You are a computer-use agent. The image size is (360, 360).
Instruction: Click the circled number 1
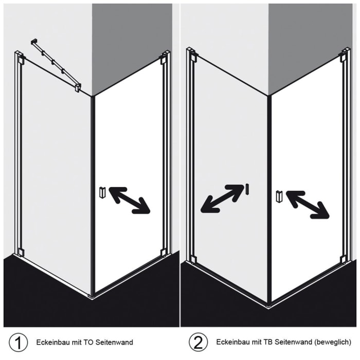[x=19, y=342]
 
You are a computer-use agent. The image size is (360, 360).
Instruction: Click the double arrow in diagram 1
[x=129, y=200]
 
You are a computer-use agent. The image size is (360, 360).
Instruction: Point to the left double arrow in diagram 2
[x=222, y=199]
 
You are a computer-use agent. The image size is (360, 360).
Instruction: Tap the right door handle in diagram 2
[x=279, y=196]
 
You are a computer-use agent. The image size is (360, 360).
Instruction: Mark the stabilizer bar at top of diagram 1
[x=56, y=64]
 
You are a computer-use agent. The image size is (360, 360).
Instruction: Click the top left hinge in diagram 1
[x=20, y=58]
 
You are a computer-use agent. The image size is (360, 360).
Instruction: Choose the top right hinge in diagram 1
[x=164, y=59]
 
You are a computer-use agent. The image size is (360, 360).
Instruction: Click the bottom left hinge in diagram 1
[x=20, y=252]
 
